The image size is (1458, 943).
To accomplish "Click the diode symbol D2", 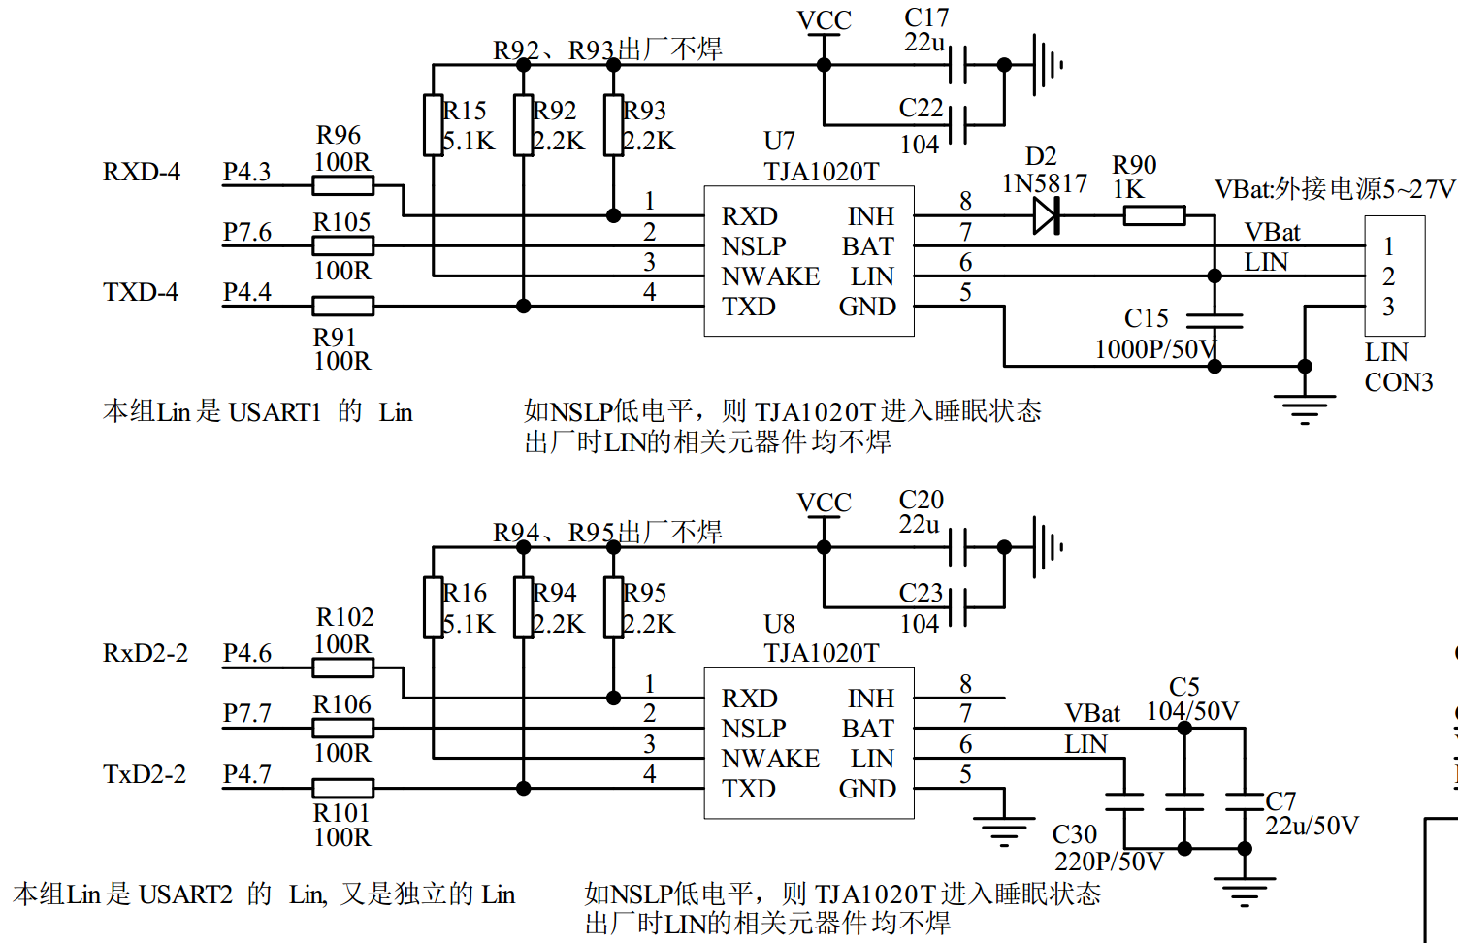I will click(x=1046, y=215).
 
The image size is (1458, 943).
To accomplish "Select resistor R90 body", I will click(x=1153, y=215).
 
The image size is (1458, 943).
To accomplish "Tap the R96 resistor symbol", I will click(x=342, y=185).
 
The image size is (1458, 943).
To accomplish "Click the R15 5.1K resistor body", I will click(x=434, y=125).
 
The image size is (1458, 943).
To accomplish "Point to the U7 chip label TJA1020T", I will click(x=821, y=172).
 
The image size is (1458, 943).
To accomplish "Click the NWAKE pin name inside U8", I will click(x=770, y=759).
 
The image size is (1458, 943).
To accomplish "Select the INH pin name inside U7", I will click(x=870, y=215).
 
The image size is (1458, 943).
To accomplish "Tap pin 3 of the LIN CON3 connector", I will click(x=1388, y=307).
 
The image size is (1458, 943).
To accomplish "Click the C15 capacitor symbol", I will click(x=1215, y=320).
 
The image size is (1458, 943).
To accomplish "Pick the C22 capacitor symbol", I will click(x=958, y=124).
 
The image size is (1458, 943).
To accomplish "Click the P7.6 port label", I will click(x=247, y=233).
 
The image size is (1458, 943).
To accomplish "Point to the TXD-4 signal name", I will click(x=141, y=292).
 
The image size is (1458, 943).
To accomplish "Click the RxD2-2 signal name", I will click(x=145, y=653).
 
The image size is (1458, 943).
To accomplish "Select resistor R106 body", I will click(x=342, y=728).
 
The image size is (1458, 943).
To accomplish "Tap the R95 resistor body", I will click(x=613, y=607).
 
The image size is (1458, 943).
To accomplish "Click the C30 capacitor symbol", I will click(x=1124, y=801).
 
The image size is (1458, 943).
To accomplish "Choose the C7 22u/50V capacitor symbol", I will click(x=1245, y=801).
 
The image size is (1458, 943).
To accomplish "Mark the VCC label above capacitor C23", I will click(x=824, y=503).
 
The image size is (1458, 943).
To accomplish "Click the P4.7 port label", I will click(x=247, y=774).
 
